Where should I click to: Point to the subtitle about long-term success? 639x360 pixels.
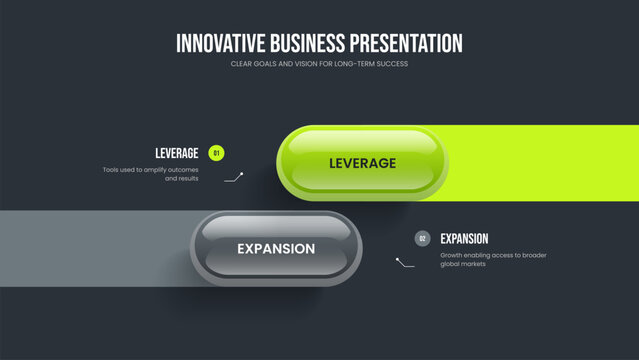pyautogui.click(x=319, y=64)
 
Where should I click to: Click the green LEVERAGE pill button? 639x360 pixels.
pyautogui.click(x=362, y=163)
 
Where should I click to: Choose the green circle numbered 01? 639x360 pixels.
pyautogui.click(x=217, y=153)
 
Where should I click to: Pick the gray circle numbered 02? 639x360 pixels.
pyautogui.click(x=422, y=239)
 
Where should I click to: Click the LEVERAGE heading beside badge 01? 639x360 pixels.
pyautogui.click(x=177, y=153)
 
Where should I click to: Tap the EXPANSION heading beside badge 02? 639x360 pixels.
pyautogui.click(x=464, y=239)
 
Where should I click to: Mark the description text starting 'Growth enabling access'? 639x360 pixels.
pyautogui.click(x=493, y=260)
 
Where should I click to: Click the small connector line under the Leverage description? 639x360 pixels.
pyautogui.click(x=235, y=177)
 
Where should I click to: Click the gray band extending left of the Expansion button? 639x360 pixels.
pyautogui.click(x=90, y=248)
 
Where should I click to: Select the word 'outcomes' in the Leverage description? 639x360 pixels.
pyautogui.click(x=182, y=170)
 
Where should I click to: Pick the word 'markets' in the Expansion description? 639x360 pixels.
pyautogui.click(x=471, y=265)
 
